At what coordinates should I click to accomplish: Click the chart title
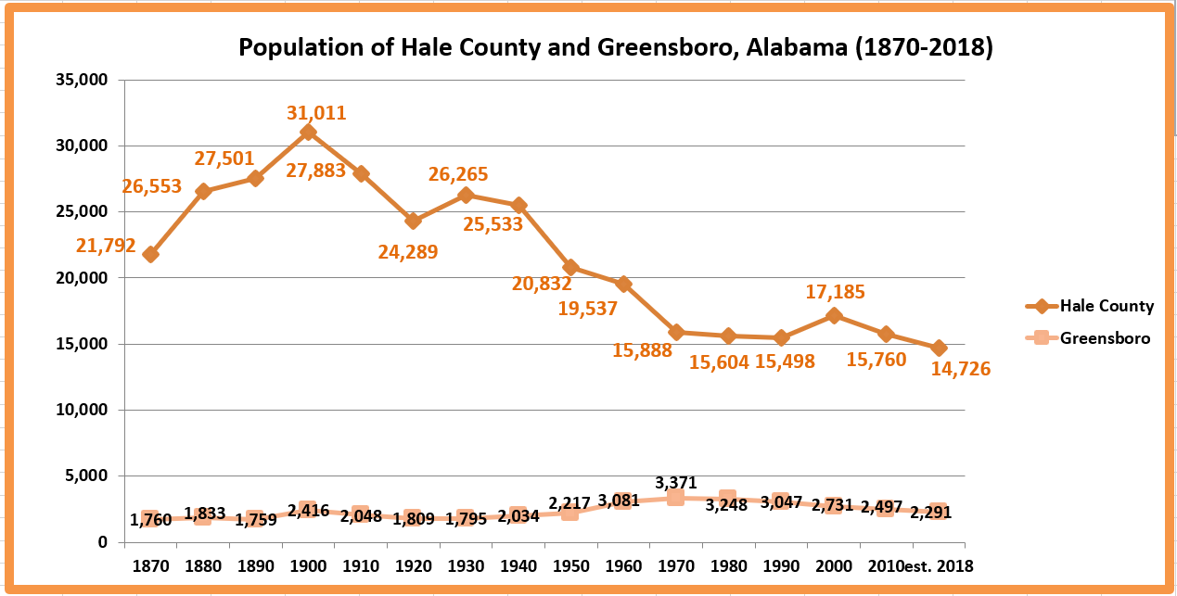coord(615,48)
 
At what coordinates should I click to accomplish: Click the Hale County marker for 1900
coord(308,133)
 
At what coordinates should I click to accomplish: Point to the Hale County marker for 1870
coord(150,254)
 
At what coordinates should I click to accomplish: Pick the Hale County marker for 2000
coord(834,315)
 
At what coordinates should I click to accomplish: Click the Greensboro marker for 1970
coord(675,498)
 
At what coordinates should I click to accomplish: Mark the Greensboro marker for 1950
coord(570,513)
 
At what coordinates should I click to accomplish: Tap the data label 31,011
coord(316,113)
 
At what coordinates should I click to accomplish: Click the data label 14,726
coord(960,369)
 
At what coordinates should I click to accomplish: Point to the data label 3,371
coord(675,482)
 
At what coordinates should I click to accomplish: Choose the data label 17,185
coord(835,292)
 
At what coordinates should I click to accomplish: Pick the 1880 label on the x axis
coord(202,564)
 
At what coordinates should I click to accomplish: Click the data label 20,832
coord(542,284)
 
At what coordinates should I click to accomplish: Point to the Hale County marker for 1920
coord(413,222)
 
